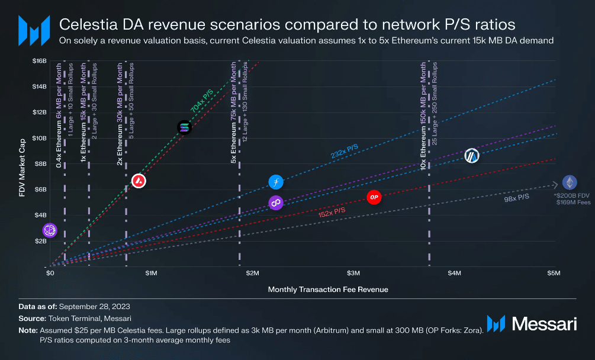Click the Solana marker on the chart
[x=185, y=127]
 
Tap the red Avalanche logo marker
[x=139, y=181]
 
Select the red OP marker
[x=374, y=197]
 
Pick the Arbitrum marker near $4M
[x=471, y=156]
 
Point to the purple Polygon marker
[x=276, y=203]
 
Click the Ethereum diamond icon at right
[x=570, y=182]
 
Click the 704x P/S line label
[x=203, y=101]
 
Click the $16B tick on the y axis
[x=39, y=61]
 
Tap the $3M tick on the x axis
[x=353, y=274]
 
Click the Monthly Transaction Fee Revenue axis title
[x=328, y=290]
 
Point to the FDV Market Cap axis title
[x=22, y=163]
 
